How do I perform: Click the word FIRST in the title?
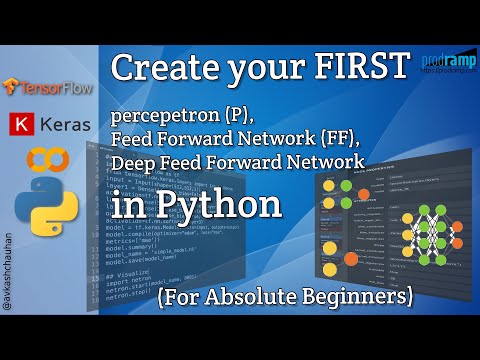click(x=359, y=69)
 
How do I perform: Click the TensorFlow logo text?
click(x=52, y=88)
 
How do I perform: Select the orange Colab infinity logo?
click(x=46, y=160)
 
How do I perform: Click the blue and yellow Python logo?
click(x=47, y=205)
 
